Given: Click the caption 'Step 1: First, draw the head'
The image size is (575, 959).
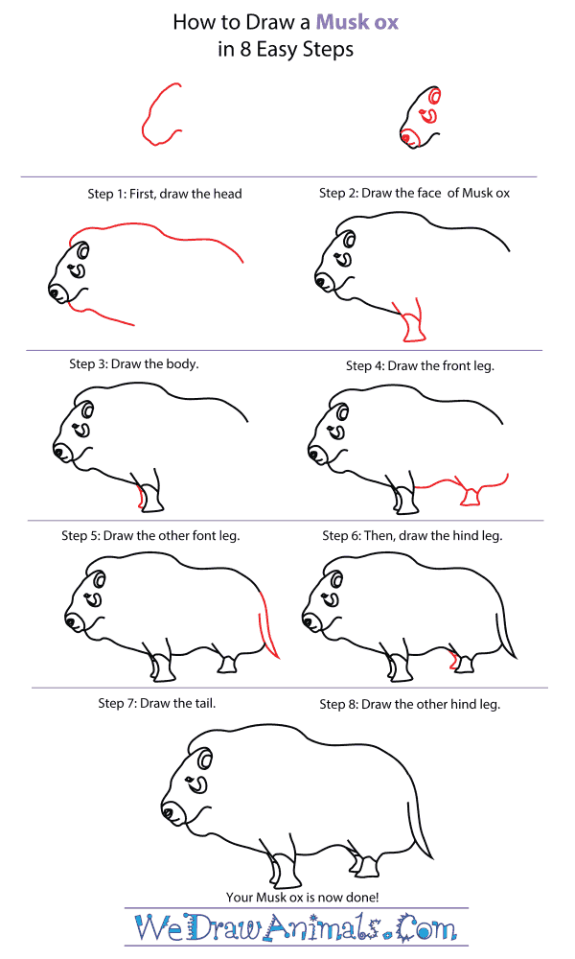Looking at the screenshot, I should [x=165, y=194].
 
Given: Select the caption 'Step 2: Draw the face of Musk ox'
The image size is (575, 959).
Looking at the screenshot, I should [x=414, y=193].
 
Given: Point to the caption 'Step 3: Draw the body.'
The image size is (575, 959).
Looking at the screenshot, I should [x=134, y=364].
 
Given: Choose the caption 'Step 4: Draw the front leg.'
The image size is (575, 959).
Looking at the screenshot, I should [x=420, y=365].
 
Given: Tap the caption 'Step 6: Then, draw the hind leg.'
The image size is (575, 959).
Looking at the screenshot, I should [x=412, y=535].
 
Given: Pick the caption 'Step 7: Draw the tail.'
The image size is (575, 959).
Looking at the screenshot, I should [x=157, y=703].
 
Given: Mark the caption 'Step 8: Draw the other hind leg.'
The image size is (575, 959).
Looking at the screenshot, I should [x=409, y=704].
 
